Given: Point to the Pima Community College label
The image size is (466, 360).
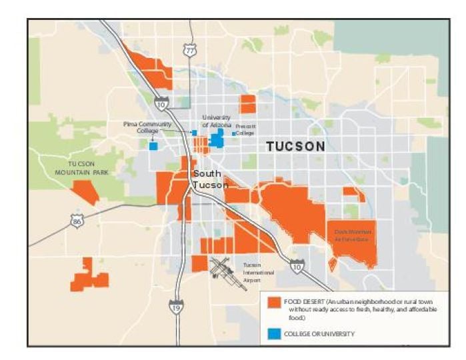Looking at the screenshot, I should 147,127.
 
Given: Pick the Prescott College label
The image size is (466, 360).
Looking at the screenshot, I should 245,129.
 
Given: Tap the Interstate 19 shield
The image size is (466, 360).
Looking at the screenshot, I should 176,307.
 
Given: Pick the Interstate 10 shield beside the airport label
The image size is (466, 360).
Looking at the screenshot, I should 297,267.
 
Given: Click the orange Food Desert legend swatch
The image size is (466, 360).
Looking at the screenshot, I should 273,303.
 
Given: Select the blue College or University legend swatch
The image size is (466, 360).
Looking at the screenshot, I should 273,333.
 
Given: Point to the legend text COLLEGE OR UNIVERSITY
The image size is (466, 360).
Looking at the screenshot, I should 319,334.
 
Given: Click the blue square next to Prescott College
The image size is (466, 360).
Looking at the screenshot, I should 233,133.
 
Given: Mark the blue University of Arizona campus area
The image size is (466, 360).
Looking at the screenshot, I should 217,138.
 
